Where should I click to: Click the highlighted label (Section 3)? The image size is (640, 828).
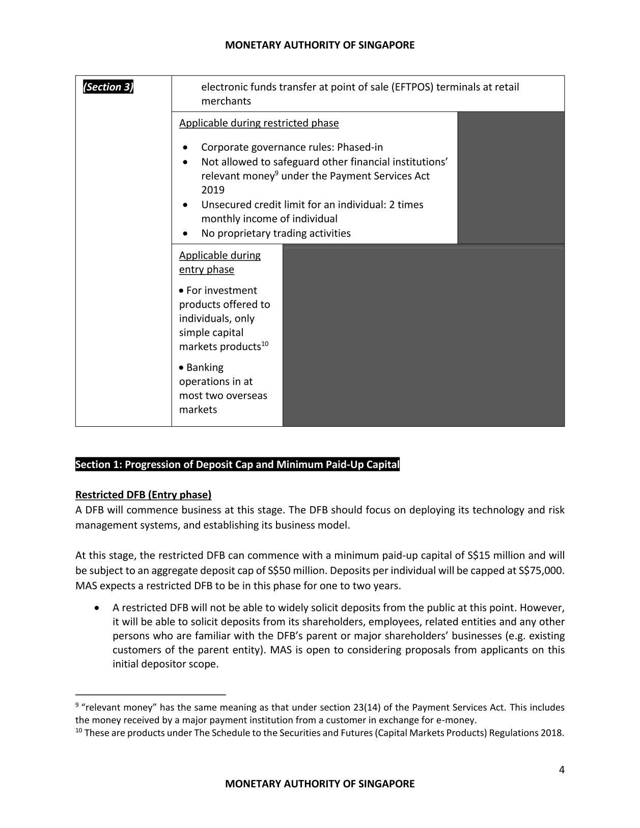108,87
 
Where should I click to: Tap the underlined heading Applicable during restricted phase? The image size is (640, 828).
259,123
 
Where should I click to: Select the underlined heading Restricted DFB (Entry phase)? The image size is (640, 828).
143,495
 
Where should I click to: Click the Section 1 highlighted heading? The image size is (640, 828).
237,464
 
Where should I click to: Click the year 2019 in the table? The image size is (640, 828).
213,190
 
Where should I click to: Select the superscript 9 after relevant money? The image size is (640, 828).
276,174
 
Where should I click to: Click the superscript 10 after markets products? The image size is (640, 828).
265,344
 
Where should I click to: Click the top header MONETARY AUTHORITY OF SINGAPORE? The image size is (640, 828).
320,45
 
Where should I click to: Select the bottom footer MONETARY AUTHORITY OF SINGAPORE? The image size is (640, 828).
320,784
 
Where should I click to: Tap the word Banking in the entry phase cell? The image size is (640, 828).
205,368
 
